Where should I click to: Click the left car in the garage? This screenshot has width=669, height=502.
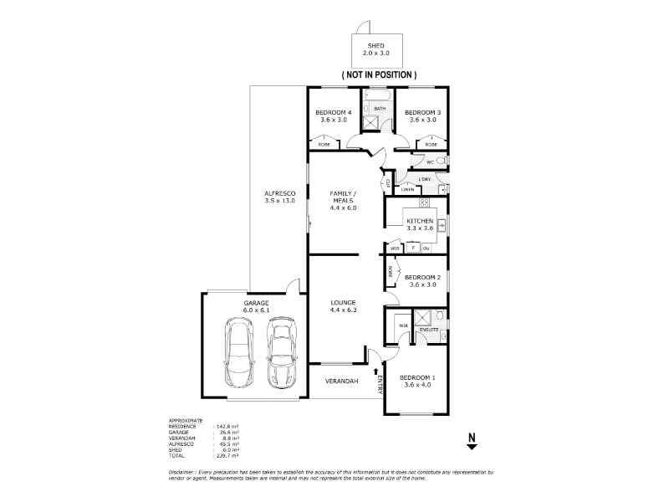(239, 352)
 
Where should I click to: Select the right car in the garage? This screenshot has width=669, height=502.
(282, 352)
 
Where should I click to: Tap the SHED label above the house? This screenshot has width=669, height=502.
(378, 45)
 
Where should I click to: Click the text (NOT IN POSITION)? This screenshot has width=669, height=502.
(379, 74)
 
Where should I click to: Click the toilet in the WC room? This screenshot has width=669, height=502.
(443, 161)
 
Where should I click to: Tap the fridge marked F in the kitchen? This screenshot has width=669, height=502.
(412, 248)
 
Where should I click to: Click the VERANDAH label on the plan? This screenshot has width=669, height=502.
(342, 382)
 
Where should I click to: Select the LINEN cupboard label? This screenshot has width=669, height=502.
(408, 190)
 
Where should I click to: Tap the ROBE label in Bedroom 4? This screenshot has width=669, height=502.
(323, 145)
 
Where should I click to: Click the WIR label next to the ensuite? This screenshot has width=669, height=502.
(402, 325)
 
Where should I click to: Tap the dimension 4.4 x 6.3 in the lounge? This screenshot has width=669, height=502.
(344, 310)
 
